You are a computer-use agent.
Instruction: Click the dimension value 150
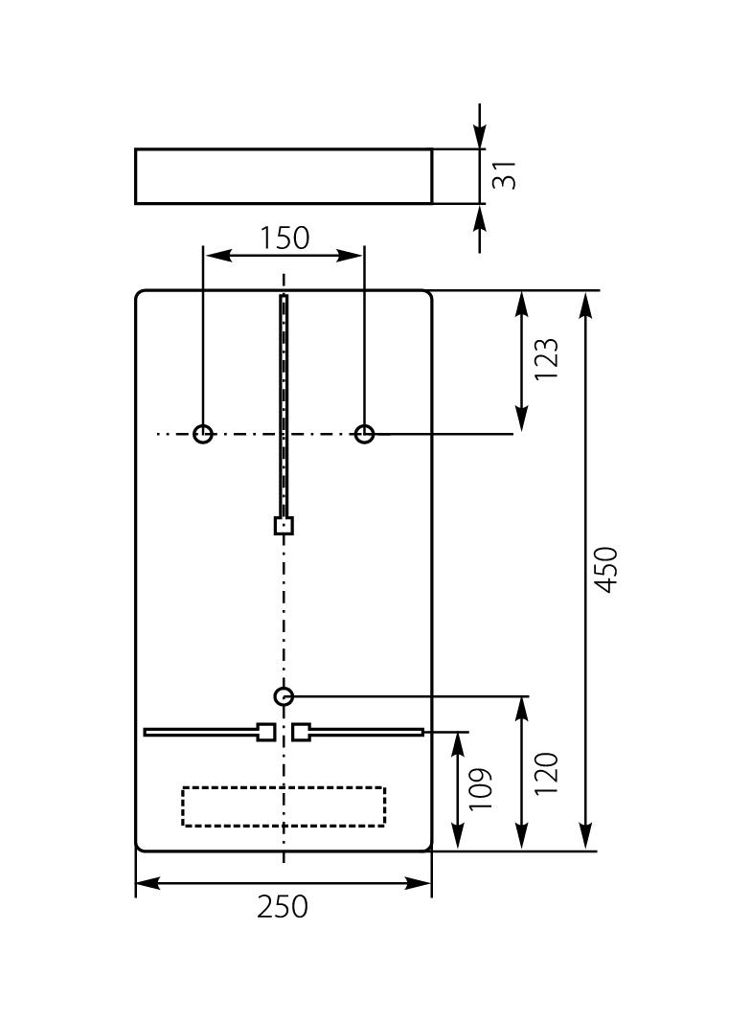tap(284, 238)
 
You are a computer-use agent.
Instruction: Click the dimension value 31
tap(505, 174)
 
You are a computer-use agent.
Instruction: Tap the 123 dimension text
tap(546, 359)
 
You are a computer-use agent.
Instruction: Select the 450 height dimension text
tap(607, 569)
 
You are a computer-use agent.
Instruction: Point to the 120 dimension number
tap(546, 773)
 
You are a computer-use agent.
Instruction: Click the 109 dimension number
tap(481, 788)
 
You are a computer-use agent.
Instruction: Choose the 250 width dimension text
tap(284, 906)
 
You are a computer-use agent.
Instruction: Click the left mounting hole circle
tap(203, 434)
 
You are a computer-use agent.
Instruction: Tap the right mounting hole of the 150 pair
tap(364, 434)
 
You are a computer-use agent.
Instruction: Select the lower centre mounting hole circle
tap(284, 696)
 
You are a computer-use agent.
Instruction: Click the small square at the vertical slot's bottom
tap(284, 525)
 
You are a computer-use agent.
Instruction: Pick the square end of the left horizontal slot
tap(266, 732)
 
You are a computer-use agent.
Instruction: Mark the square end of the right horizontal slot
tap(302, 732)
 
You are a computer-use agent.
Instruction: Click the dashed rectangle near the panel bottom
tap(284, 806)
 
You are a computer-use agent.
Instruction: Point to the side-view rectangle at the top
tap(284, 176)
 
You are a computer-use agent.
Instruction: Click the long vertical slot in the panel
tap(284, 402)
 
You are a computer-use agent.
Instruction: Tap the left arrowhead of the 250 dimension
tap(147, 883)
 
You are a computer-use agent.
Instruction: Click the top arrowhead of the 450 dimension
tap(586, 304)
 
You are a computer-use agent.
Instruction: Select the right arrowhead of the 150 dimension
tap(353, 254)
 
